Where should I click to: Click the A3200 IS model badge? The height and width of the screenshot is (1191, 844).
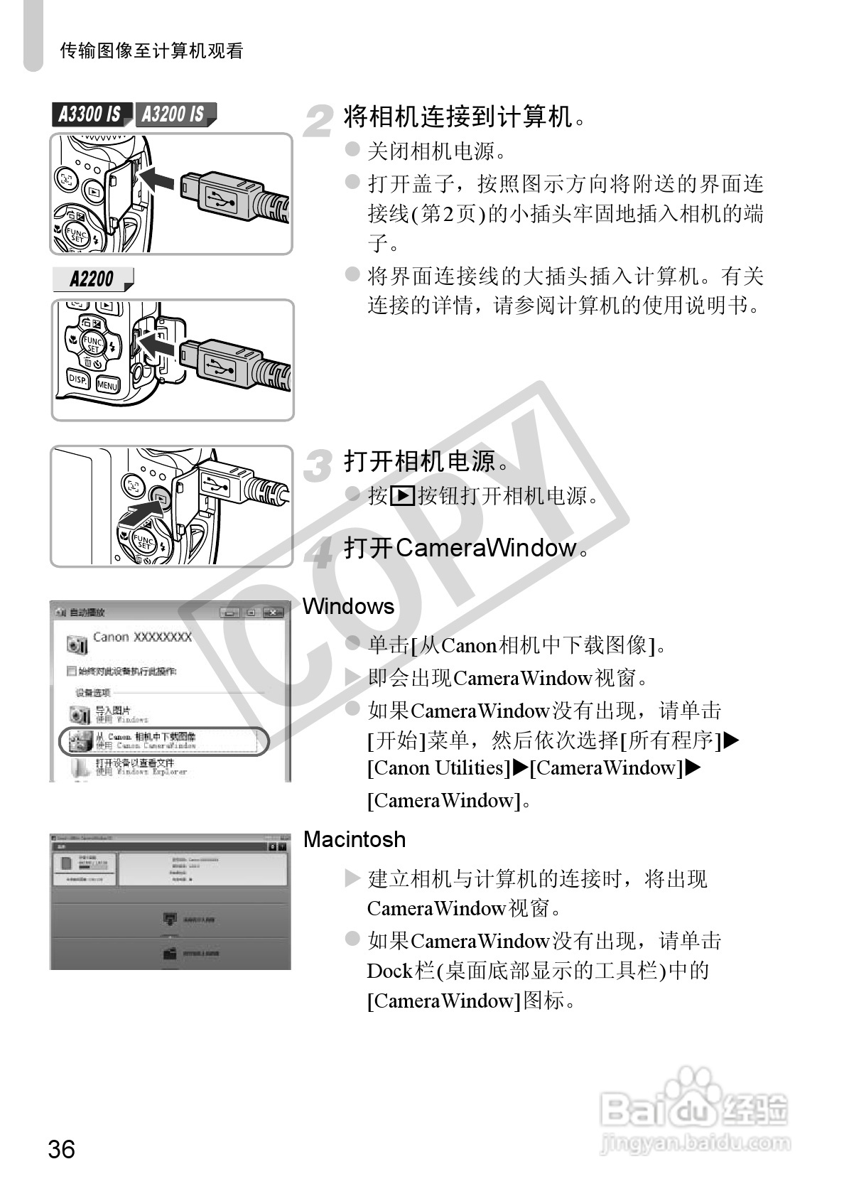pyautogui.click(x=173, y=114)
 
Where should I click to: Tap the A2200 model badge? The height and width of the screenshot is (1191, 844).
pyautogui.click(x=92, y=279)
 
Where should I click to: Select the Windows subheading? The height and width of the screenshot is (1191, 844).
pyautogui.click(x=348, y=606)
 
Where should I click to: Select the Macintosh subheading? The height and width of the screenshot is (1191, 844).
pyautogui.click(x=354, y=839)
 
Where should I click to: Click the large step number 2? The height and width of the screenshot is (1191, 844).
pyautogui.click(x=318, y=122)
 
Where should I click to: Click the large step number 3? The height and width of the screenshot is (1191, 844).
pyautogui.click(x=318, y=467)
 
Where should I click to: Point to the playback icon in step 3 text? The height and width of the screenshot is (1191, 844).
pyautogui.click(x=402, y=495)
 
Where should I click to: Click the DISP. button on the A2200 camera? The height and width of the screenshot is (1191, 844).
pyautogui.click(x=77, y=380)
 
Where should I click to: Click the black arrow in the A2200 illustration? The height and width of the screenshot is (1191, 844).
pyautogui.click(x=155, y=346)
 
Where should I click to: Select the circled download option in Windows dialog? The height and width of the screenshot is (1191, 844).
pyautogui.click(x=163, y=741)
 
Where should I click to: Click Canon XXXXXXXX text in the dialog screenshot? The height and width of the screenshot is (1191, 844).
pyautogui.click(x=142, y=637)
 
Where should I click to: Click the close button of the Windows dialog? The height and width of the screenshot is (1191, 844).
pyautogui.click(x=272, y=613)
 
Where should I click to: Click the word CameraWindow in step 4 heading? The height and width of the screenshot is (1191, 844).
pyautogui.click(x=485, y=548)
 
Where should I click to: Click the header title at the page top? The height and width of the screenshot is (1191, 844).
pyautogui.click(x=151, y=50)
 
